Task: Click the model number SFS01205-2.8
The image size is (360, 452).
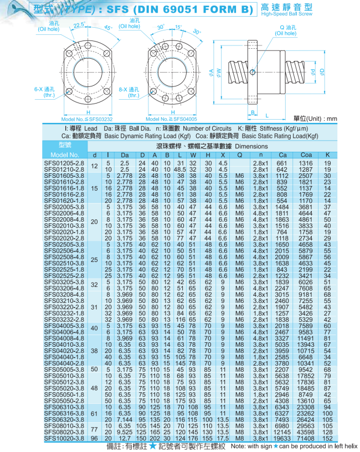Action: [x=65, y=163]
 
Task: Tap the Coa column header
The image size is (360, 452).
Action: [x=306, y=155]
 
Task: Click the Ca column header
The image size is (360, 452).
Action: [x=282, y=155]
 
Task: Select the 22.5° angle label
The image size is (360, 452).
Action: [x=79, y=24]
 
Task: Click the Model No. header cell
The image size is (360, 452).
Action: [x=65, y=155]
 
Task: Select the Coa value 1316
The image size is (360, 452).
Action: [x=306, y=163]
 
